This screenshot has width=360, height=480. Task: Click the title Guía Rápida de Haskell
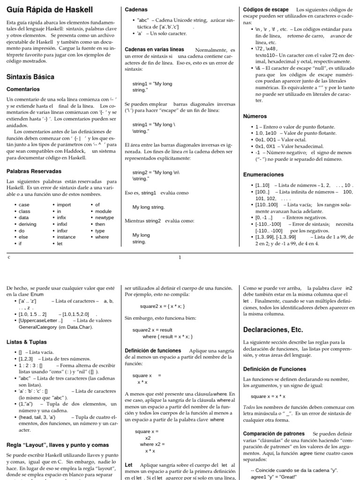[x=50, y=9]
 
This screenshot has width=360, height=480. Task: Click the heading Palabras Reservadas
[x=34, y=171]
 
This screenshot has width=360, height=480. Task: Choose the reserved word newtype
[x=104, y=218]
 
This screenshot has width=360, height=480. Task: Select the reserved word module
[x=103, y=211]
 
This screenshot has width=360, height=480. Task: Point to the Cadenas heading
[x=136, y=9]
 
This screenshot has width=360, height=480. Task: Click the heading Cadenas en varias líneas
[x=154, y=50]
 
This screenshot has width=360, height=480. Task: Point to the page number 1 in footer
[x=180, y=257]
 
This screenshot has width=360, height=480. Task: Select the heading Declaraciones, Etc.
[x=276, y=328]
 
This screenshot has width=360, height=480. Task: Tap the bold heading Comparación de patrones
[x=274, y=434]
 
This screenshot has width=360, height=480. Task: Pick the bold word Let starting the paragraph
[x=128, y=465]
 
